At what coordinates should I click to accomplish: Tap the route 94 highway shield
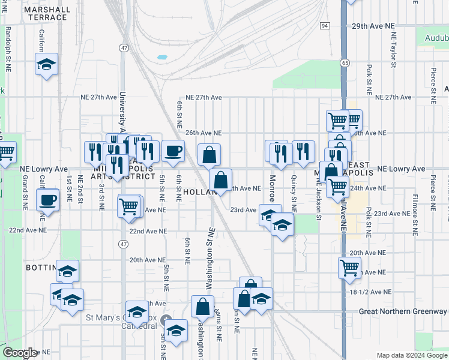[325, 26]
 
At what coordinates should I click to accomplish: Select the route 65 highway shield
[344, 62]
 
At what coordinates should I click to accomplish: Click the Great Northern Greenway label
[403, 311]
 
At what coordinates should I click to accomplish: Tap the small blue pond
[162, 59]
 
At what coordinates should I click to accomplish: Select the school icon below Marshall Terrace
[46, 64]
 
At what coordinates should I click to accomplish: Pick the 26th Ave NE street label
[203, 133]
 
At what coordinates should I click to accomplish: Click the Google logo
[20, 353]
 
